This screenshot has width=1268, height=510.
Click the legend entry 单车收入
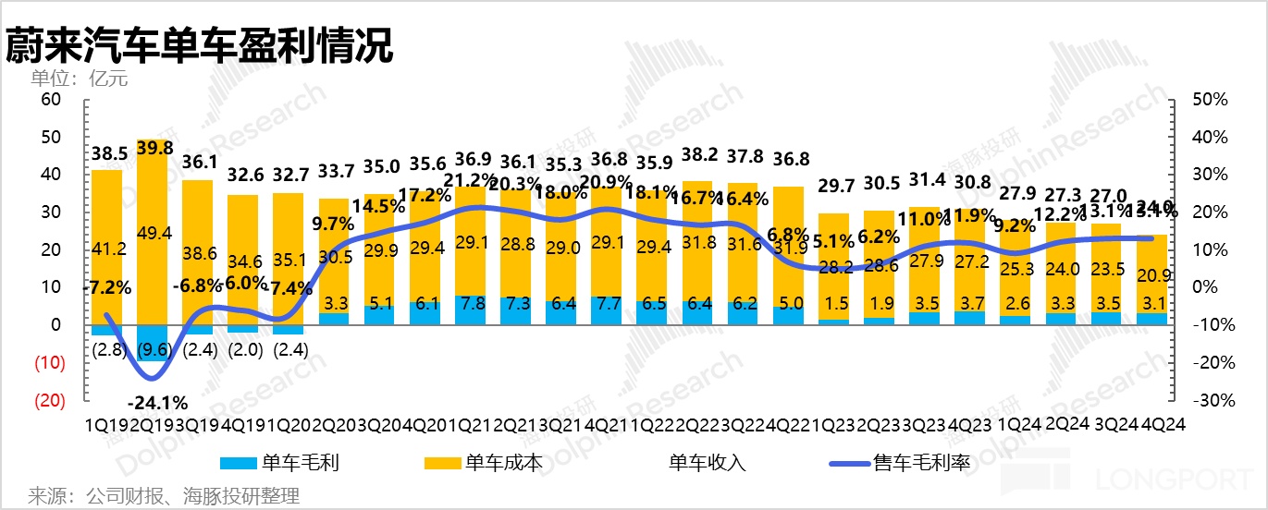[708, 462]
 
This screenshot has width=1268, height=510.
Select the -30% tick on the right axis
[1207, 400]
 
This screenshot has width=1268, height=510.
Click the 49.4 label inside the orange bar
[154, 233]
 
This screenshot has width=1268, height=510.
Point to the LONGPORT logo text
[1174, 480]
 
